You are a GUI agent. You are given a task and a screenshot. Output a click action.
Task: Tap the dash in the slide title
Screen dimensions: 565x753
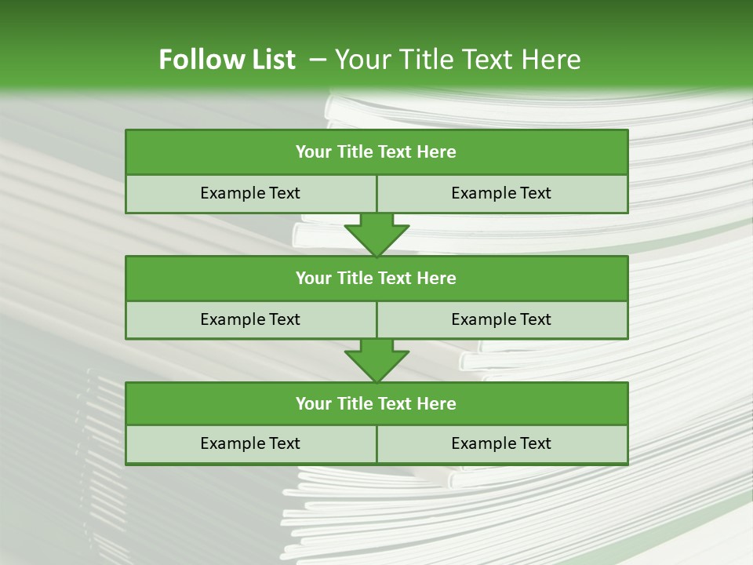tap(318, 60)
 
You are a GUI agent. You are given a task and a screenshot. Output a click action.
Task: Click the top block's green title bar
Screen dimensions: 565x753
tap(376, 151)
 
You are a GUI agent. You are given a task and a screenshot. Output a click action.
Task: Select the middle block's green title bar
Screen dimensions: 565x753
tap(376, 278)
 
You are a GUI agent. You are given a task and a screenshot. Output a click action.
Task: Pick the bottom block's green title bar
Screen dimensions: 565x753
tap(376, 403)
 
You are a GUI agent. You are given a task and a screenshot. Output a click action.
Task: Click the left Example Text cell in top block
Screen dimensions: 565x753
tap(250, 193)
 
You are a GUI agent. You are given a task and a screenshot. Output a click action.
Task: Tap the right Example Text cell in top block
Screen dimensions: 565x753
tap(502, 193)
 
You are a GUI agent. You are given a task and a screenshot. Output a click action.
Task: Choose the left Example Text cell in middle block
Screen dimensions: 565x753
tap(250, 319)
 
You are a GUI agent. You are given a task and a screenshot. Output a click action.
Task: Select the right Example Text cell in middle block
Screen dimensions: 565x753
tap(502, 319)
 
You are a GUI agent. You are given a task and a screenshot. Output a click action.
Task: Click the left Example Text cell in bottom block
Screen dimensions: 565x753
tap(250, 443)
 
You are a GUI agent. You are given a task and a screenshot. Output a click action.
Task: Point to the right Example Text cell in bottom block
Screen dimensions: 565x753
tap(502, 443)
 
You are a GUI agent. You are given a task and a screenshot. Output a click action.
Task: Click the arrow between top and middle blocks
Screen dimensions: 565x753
tap(376, 235)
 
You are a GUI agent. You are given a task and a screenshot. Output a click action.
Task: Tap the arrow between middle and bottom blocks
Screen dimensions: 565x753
tap(376, 360)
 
